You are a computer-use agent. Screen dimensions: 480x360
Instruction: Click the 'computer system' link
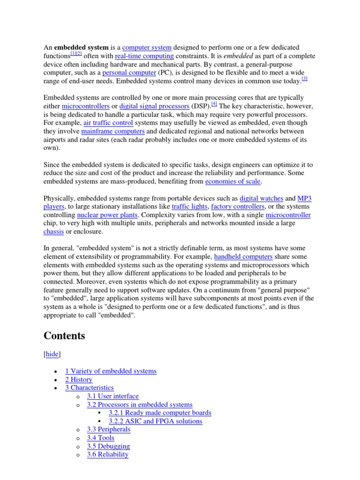click(147, 48)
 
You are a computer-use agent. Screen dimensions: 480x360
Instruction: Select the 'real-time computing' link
click(144, 56)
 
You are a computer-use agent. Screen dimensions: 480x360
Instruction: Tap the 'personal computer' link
click(129, 73)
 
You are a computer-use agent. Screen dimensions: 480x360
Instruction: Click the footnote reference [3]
click(304, 79)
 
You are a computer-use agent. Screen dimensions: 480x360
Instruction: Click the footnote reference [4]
click(214, 104)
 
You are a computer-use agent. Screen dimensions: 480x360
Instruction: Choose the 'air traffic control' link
click(108, 123)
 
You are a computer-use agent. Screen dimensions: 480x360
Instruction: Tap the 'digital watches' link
click(262, 198)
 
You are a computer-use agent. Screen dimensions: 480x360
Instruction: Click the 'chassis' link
click(53, 232)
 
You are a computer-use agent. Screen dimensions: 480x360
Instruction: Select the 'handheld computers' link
click(243, 257)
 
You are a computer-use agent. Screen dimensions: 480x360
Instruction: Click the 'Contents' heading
click(64, 336)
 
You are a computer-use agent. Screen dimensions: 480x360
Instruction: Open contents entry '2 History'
click(79, 380)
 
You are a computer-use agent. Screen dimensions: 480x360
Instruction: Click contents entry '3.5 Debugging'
click(108, 446)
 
